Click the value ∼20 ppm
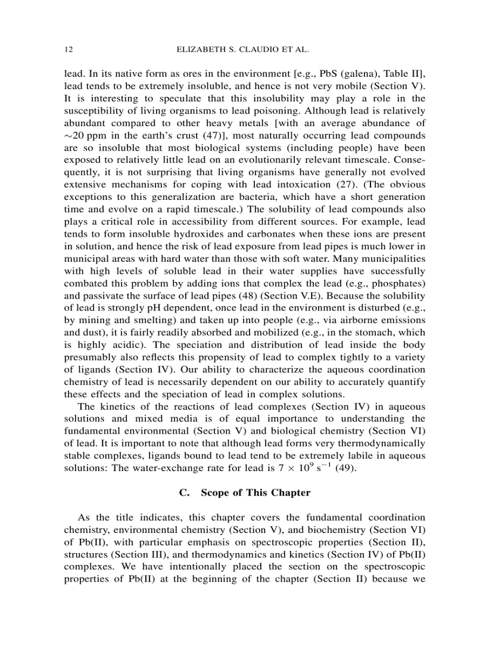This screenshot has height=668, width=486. click(84, 136)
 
